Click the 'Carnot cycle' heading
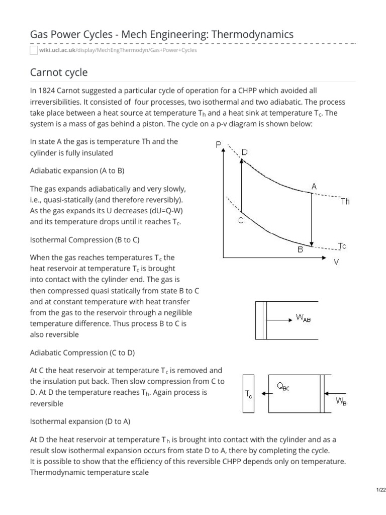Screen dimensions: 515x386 click(x=59, y=72)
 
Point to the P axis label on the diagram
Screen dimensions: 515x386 click(x=219, y=145)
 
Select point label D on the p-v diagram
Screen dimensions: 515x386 click(x=244, y=151)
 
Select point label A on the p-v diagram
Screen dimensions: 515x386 click(x=314, y=186)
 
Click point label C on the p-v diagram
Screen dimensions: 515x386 click(x=241, y=220)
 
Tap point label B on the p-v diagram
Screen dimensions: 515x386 click(x=300, y=248)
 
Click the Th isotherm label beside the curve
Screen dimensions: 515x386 click(x=345, y=202)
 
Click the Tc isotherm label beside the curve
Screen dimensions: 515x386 click(x=341, y=246)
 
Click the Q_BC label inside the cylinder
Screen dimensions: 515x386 click(x=283, y=386)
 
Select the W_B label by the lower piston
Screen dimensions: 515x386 click(x=340, y=401)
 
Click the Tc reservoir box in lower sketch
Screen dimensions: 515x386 click(x=249, y=394)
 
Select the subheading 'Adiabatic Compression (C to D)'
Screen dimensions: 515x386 click(x=82, y=353)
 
